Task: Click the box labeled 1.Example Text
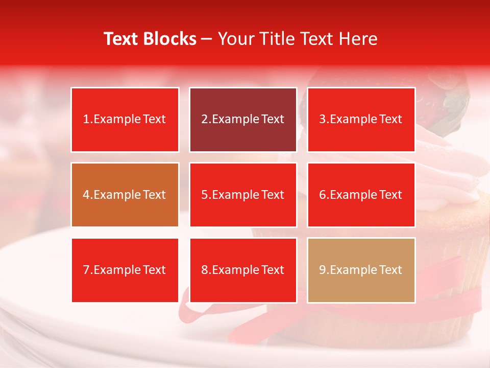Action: [x=125, y=120]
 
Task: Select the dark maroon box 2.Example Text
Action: [x=243, y=120]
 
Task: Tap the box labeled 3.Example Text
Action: [x=361, y=120]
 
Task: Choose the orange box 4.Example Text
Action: [x=125, y=195]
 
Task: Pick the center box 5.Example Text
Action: [x=243, y=195]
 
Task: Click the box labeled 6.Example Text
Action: [x=361, y=195]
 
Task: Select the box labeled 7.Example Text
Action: [x=125, y=270]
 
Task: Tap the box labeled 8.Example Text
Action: [x=243, y=270]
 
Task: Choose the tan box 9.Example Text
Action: [x=361, y=270]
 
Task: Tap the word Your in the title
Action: [x=235, y=39]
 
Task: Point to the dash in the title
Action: [x=207, y=39]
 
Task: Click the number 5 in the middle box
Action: [x=204, y=195]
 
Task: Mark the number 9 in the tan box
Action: [x=323, y=270]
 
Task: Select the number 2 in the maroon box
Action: [x=204, y=120]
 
